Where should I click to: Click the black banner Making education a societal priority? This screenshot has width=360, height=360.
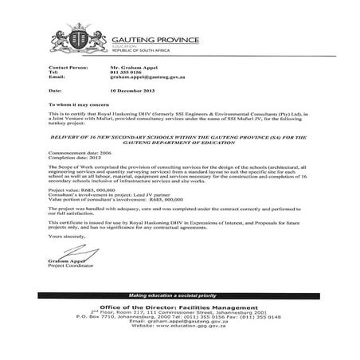[x=179, y=295]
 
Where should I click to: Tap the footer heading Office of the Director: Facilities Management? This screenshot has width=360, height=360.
[x=180, y=307]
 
